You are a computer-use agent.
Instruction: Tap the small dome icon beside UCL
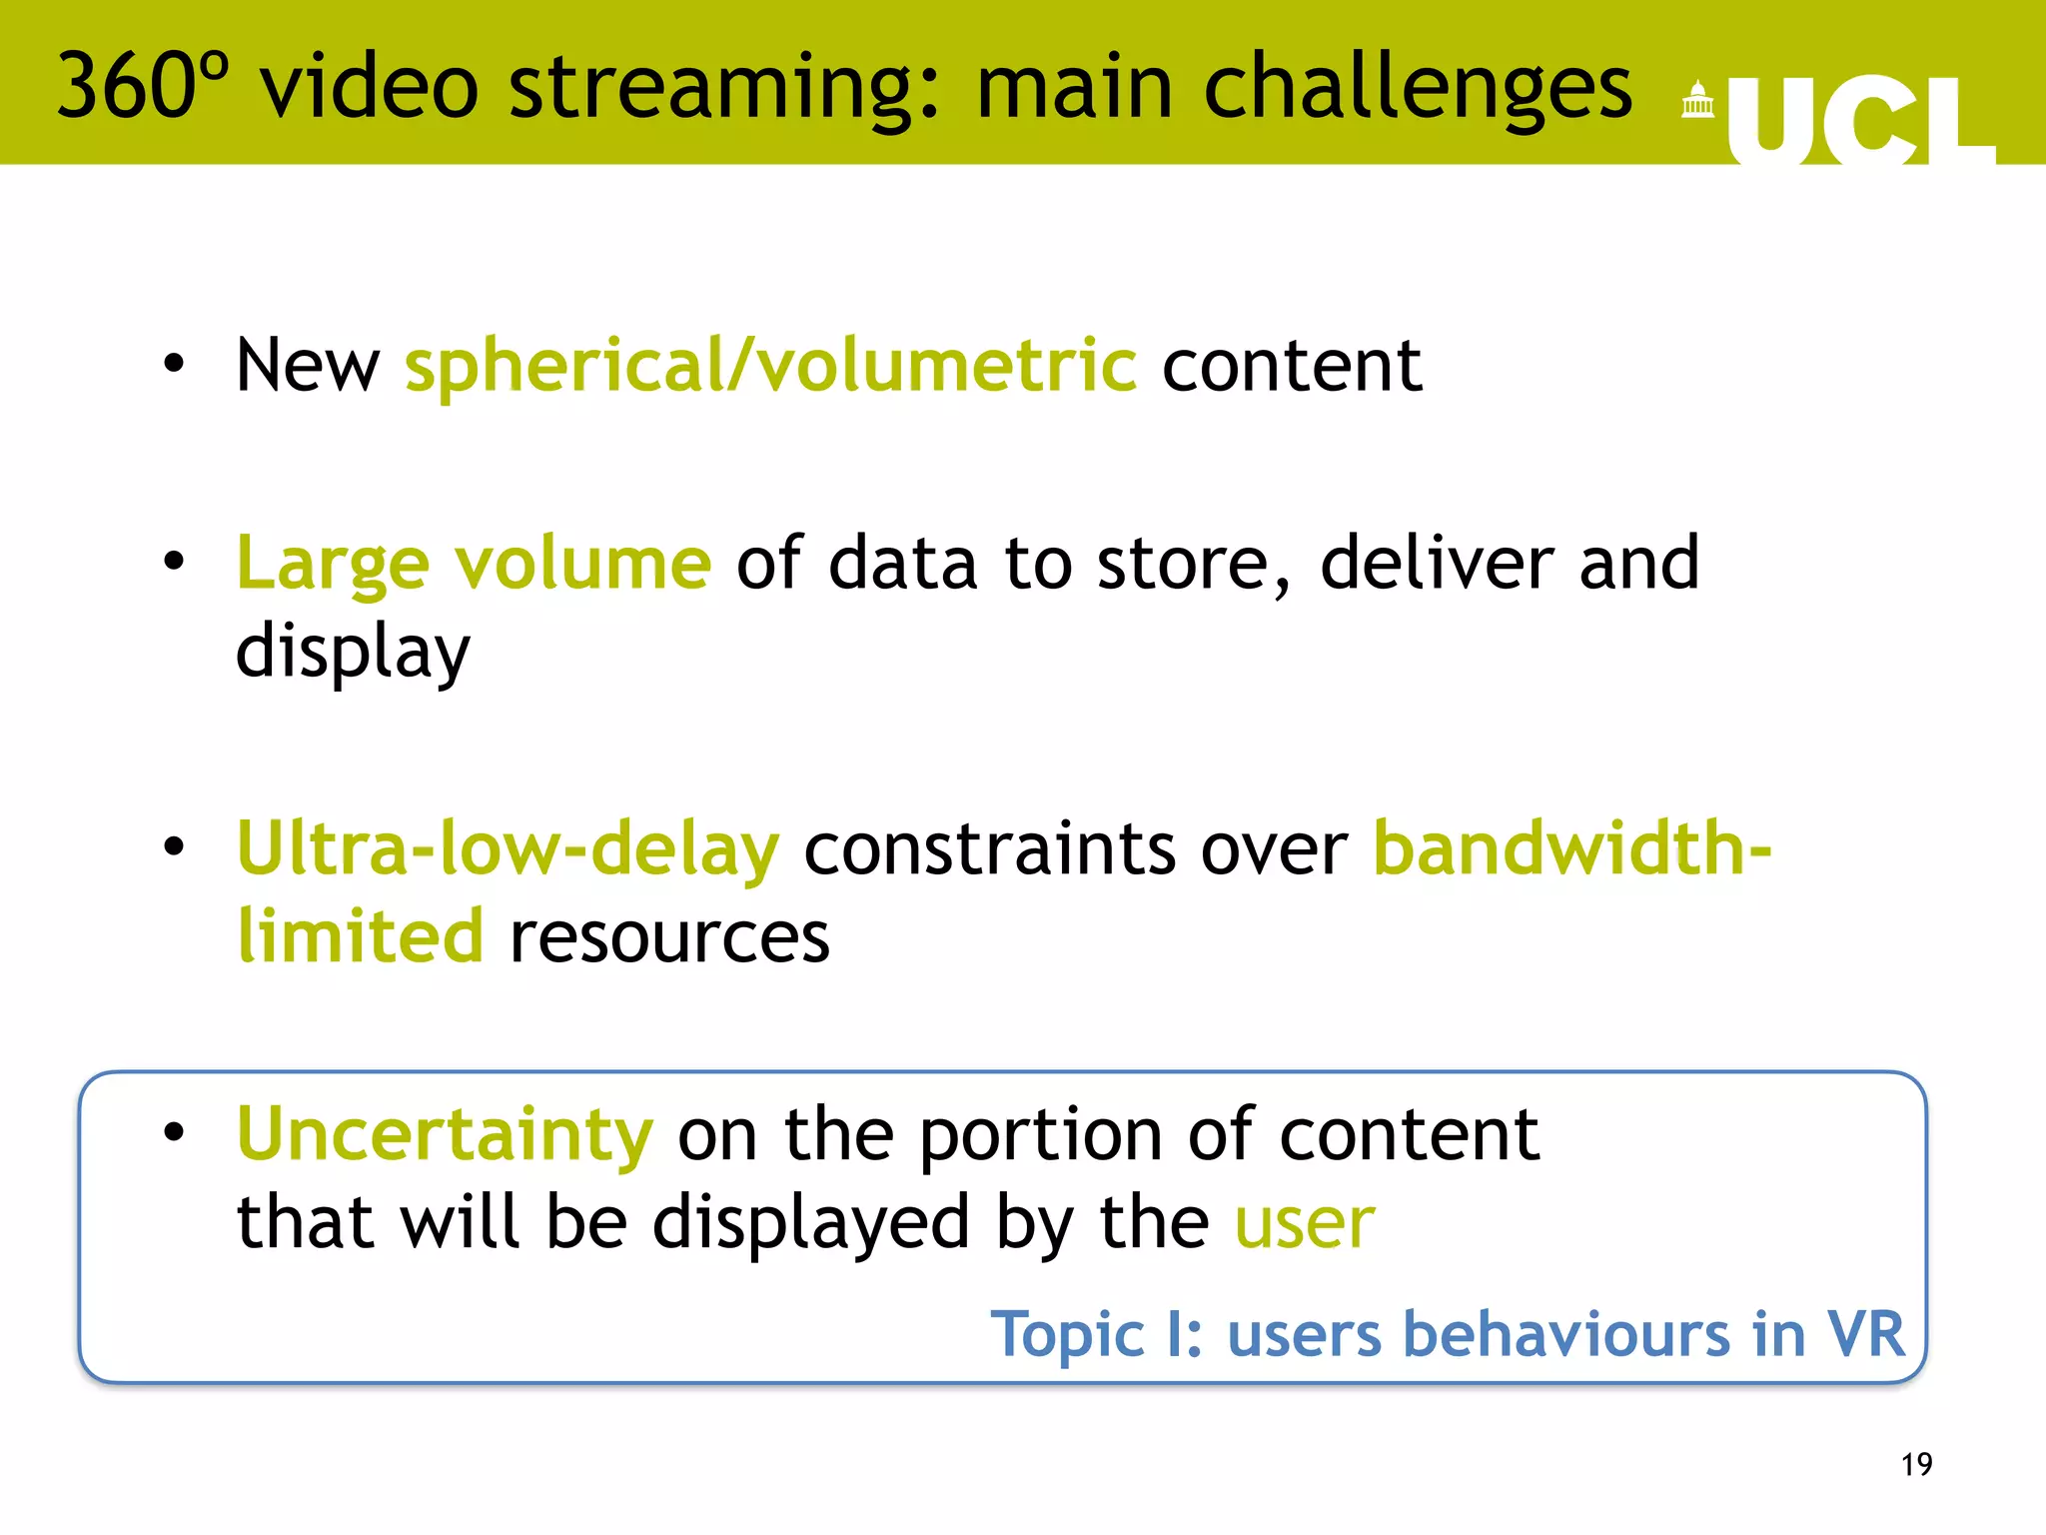tap(1697, 100)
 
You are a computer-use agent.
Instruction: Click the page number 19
tap(1916, 1464)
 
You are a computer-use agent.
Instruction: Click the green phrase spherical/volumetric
tap(770, 366)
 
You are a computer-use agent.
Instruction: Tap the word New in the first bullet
tap(308, 366)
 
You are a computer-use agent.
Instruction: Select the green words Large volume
tap(474, 564)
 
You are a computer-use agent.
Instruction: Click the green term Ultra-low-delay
tap(508, 849)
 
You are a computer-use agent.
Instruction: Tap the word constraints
tap(990, 849)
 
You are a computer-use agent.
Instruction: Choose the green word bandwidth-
tap(1572, 849)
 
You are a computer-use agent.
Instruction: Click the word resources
tap(669, 937)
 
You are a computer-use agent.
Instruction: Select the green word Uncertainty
tap(445, 1135)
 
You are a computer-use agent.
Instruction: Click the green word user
tap(1305, 1223)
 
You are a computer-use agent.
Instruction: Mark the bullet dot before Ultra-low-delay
tap(175, 847)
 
